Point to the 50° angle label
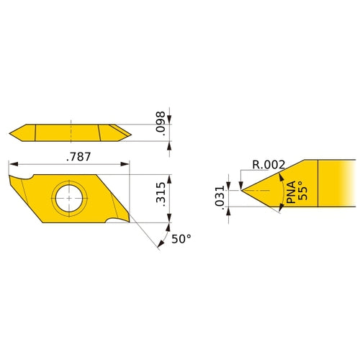pos(182,239)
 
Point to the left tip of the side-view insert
pos(11,132)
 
